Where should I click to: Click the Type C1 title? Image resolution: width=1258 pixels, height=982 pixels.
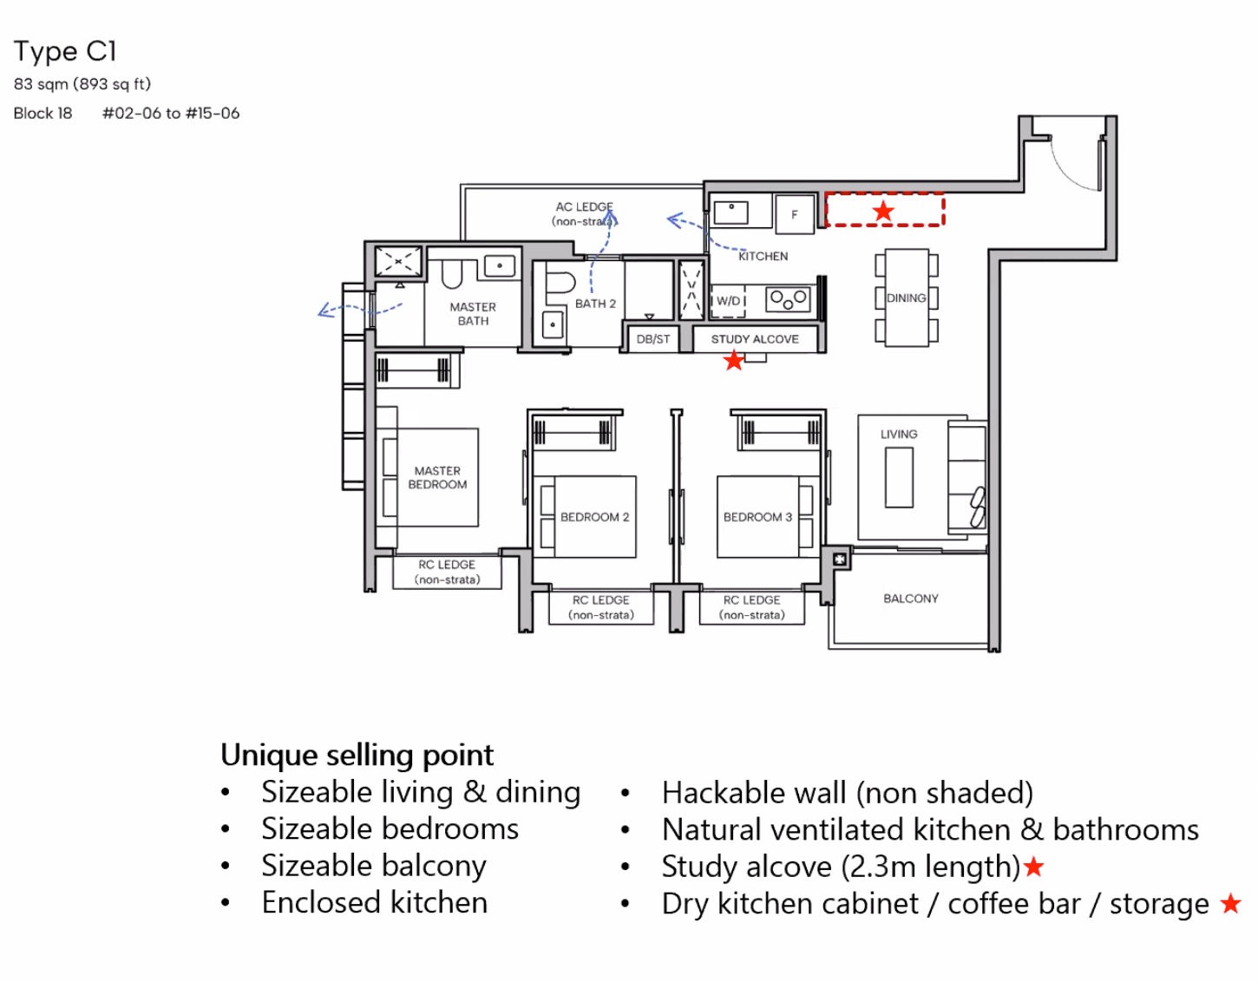pyautogui.click(x=65, y=51)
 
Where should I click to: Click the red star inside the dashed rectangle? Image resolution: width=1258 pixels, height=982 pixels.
pyautogui.click(x=883, y=211)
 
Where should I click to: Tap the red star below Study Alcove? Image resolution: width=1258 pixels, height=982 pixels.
pyautogui.click(x=734, y=360)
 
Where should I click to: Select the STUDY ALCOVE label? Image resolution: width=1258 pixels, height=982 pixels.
pyautogui.click(x=755, y=339)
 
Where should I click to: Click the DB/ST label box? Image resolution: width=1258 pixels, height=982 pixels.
pyautogui.click(x=653, y=339)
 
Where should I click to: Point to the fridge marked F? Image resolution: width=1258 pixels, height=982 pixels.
pyautogui.click(x=794, y=214)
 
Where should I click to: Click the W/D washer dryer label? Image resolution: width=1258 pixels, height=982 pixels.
pyautogui.click(x=729, y=301)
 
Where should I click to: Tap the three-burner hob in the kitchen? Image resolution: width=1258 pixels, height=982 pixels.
pyautogui.click(x=788, y=300)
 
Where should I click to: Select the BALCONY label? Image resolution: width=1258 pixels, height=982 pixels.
pyautogui.click(x=910, y=599)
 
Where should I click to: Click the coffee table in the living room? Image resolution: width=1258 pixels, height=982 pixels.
pyautogui.click(x=899, y=477)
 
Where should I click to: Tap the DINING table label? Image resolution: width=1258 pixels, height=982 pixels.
pyautogui.click(x=906, y=298)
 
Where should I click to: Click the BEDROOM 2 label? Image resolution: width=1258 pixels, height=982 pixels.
pyautogui.click(x=594, y=517)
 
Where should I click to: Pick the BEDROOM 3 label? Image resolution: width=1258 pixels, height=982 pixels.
pyautogui.click(x=757, y=517)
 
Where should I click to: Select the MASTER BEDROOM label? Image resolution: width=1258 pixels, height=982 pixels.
pyautogui.click(x=437, y=478)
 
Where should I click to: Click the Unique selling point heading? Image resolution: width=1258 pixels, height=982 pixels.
pyautogui.click(x=357, y=755)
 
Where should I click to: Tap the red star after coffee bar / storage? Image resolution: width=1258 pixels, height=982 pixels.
pyautogui.click(x=1230, y=903)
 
